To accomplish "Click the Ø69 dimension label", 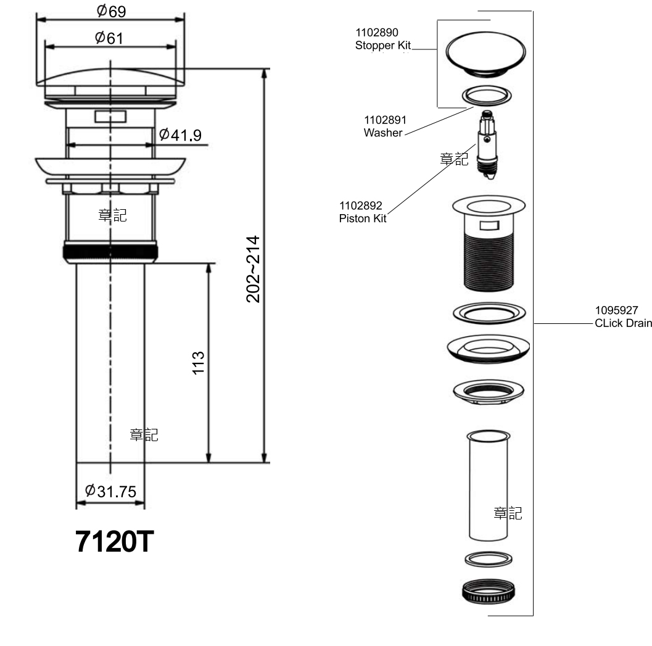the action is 111,11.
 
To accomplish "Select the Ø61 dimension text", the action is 109,38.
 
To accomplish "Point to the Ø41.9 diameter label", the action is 180,135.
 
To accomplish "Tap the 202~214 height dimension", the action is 253,269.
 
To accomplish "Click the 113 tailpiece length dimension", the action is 199,363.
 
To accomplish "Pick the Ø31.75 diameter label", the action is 110,491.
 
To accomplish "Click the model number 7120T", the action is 114,541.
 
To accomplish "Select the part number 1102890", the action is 377,33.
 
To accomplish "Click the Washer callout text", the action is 383,133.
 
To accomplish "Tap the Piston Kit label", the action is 363,218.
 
